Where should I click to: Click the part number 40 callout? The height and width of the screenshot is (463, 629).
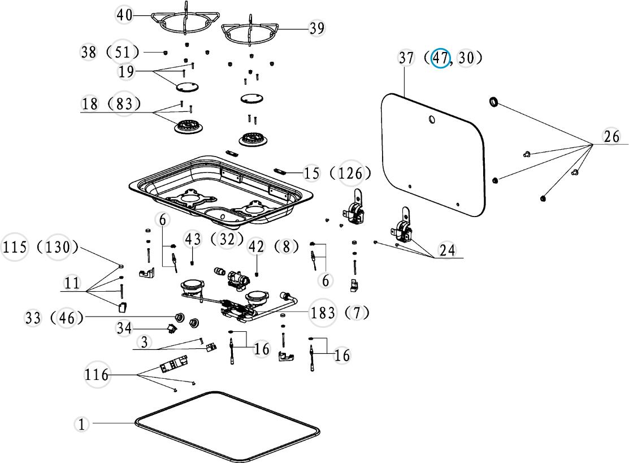click(124, 15)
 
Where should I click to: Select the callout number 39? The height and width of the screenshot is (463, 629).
click(317, 28)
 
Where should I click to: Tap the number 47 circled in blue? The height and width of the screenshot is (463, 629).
click(441, 58)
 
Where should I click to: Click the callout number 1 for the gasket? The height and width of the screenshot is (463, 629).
click(82, 424)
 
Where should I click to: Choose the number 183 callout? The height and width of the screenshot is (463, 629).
click(323, 313)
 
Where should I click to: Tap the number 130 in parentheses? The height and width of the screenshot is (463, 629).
click(58, 248)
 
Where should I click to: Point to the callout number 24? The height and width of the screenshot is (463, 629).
click(447, 249)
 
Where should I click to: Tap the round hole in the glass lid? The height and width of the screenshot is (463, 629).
click(432, 120)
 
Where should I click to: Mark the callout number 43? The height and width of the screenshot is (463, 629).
click(193, 239)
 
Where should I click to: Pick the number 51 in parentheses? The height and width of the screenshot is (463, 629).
click(124, 52)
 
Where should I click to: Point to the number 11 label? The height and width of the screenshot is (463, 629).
click(72, 283)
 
